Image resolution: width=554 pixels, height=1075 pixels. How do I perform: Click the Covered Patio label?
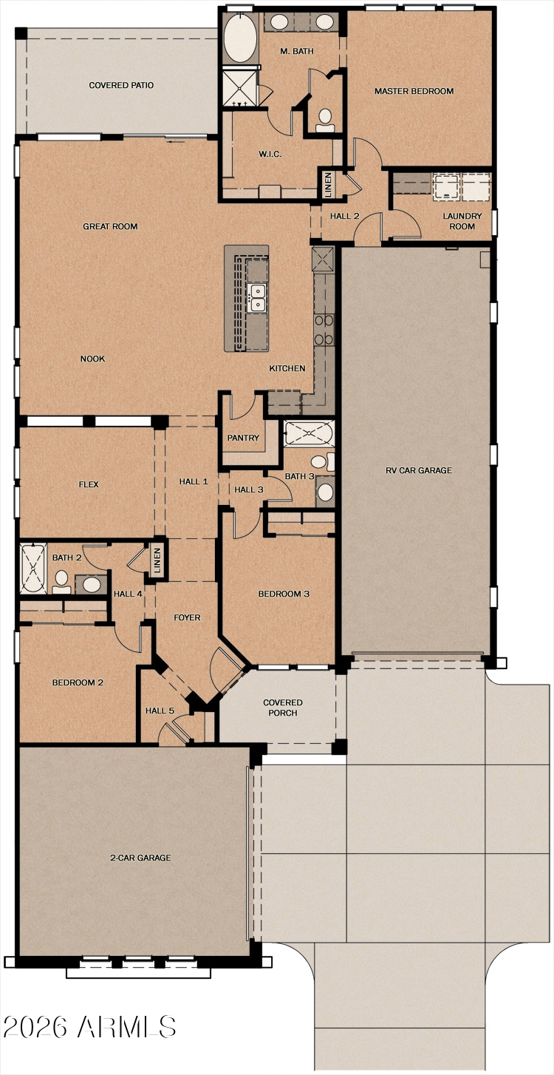pos(121,86)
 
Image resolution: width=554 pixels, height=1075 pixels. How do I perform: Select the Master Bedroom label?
pos(414,92)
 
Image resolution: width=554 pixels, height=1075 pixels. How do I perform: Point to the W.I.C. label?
pos(268,155)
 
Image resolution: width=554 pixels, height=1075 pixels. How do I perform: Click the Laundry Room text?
pos(462,221)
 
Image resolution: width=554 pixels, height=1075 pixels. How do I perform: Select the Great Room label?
pos(110,227)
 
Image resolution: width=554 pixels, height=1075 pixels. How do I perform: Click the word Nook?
pos(93,359)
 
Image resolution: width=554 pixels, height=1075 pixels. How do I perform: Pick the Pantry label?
pos(243,438)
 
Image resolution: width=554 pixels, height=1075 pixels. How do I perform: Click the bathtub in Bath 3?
pos(309,433)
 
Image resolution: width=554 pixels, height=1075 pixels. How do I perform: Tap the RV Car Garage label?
pos(419,471)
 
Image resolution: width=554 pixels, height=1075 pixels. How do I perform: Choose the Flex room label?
pos(89,485)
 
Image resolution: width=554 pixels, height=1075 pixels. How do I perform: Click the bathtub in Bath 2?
pos(32,568)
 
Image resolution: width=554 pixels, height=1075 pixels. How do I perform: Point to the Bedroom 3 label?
pos(279,594)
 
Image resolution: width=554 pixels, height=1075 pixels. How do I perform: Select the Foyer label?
pos(187,618)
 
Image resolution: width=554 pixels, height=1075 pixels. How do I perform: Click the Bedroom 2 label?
pos(78,682)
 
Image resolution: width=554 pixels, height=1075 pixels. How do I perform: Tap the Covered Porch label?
pos(283,708)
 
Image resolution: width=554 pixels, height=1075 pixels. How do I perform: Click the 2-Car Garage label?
pos(140,858)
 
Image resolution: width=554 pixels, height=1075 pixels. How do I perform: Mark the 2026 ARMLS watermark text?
pos(89,1027)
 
